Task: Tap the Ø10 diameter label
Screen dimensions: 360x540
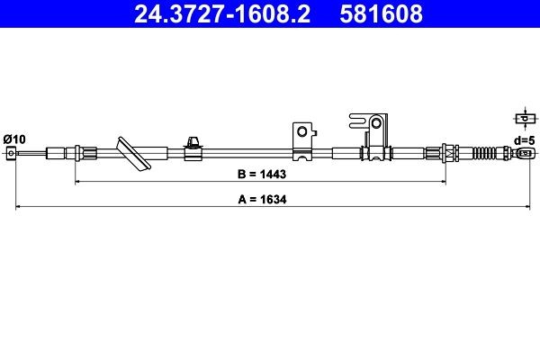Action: [x=14, y=138]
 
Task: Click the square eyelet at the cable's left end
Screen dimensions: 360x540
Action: [x=11, y=153]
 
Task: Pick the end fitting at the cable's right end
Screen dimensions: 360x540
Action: [x=523, y=153]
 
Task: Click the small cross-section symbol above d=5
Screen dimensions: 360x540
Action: [x=523, y=118]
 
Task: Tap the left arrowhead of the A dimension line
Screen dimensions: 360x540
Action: [x=19, y=208]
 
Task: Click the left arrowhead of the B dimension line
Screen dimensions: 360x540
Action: [x=76, y=181]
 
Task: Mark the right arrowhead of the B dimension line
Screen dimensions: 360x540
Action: [x=443, y=181]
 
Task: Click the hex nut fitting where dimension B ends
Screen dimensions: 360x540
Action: [x=443, y=152]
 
